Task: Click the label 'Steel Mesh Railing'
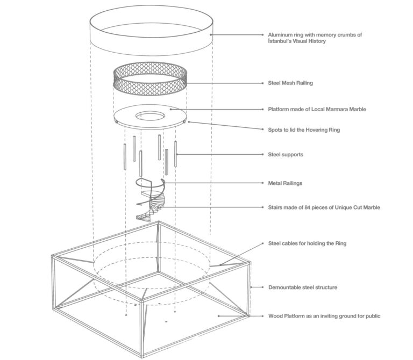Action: tap(290, 83)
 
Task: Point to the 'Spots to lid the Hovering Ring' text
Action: tap(304, 129)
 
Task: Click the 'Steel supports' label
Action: tap(286, 155)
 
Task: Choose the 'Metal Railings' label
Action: tap(285, 183)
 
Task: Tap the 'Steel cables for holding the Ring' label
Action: tap(307, 243)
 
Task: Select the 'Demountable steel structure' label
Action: tap(303, 287)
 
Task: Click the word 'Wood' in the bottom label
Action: tap(275, 316)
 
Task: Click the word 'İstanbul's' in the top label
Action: tap(282, 41)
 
